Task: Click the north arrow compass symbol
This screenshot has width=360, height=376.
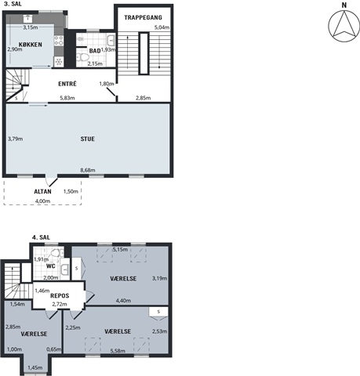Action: point(344,25)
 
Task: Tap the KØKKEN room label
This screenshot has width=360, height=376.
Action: point(31,45)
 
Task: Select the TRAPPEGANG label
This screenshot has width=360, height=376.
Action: point(143,17)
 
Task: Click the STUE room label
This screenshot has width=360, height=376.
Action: point(88,139)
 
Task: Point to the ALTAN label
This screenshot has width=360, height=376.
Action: point(42,191)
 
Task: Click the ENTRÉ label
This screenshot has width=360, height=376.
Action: point(67,84)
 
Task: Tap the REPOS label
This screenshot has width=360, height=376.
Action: point(60,296)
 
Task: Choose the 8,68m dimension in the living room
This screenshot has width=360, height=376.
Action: point(88,170)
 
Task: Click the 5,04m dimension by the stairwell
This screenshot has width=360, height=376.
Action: point(162,27)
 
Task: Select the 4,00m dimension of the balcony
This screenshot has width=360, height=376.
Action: point(42,201)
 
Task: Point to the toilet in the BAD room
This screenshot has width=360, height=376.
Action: point(83,57)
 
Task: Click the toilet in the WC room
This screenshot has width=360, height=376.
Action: point(56,253)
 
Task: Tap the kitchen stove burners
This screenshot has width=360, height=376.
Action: point(59,41)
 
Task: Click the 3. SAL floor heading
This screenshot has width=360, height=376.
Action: point(13,4)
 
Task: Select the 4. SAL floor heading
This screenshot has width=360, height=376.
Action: point(41,237)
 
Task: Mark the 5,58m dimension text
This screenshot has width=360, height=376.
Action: point(118,351)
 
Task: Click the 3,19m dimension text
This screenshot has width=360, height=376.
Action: point(159,278)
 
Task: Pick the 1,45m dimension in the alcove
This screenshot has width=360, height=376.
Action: point(35,368)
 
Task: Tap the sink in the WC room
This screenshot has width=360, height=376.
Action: point(64,269)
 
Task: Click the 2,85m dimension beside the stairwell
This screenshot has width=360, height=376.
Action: point(143,98)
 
